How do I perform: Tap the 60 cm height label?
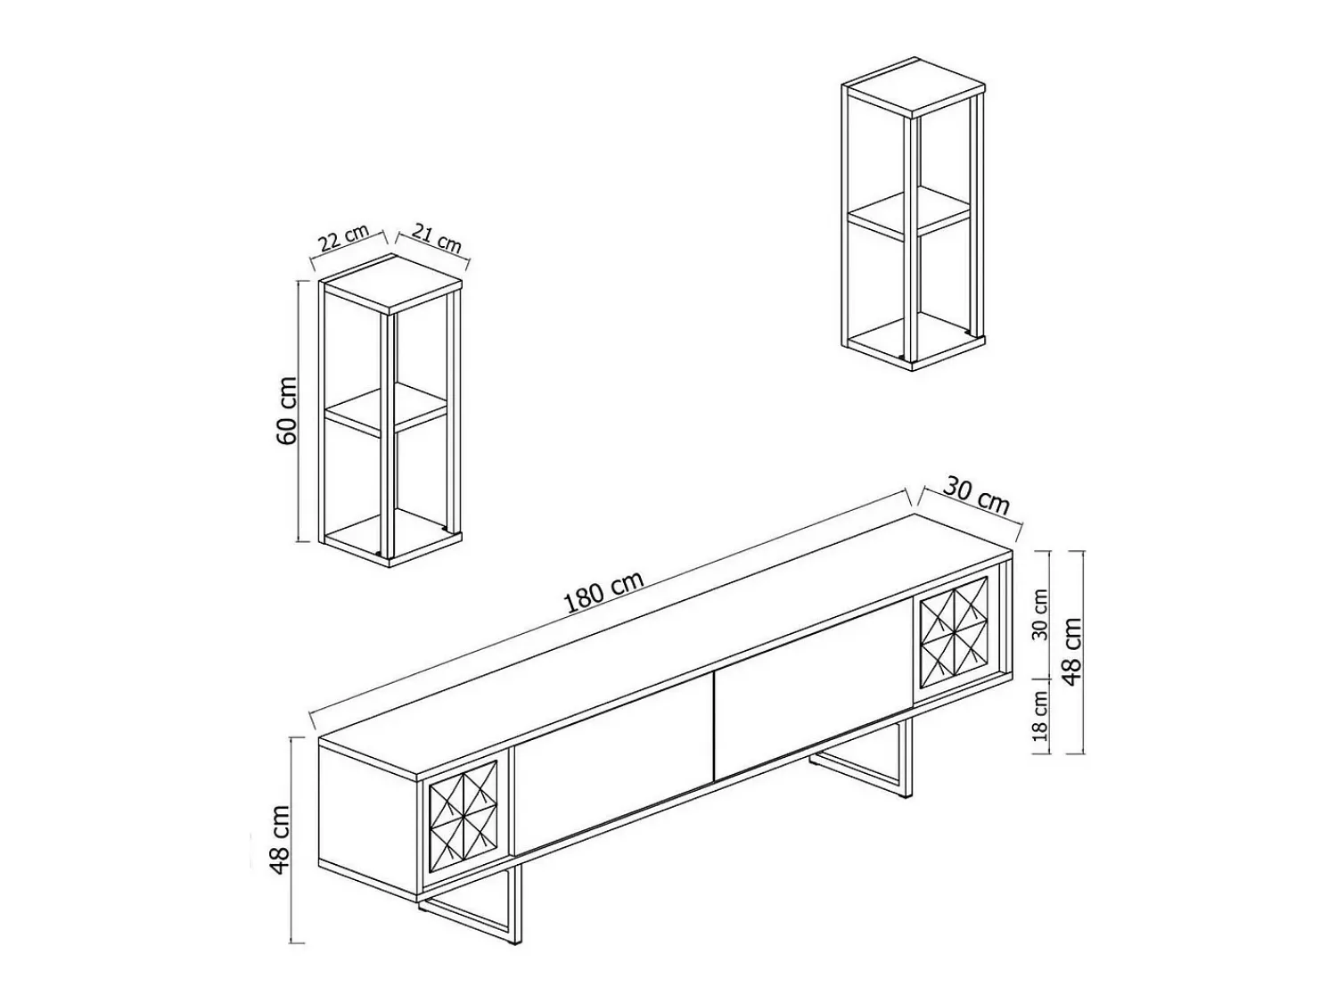pyautogui.click(x=286, y=410)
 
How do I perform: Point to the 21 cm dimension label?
pyautogui.click(x=437, y=237)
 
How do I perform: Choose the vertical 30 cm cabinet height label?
pyautogui.click(x=1041, y=614)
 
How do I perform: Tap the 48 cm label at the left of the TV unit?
pyautogui.click(x=281, y=840)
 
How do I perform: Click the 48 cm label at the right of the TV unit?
pyautogui.click(x=1072, y=652)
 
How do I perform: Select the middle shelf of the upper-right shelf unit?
pyautogui.click(x=909, y=214)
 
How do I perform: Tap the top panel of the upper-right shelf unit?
pyautogui.click(x=914, y=87)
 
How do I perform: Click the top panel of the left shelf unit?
pyautogui.click(x=390, y=284)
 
